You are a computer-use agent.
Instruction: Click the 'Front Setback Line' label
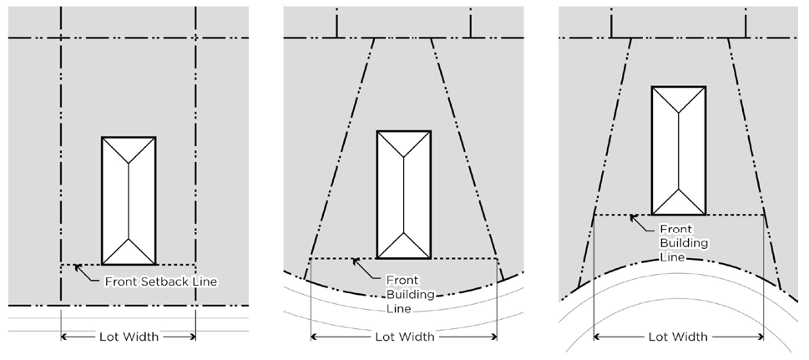click(160, 281)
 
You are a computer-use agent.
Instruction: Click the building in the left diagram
click(129, 200)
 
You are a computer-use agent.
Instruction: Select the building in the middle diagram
click(404, 194)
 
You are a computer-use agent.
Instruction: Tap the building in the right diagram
click(678, 150)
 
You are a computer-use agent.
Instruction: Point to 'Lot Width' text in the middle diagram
click(404, 337)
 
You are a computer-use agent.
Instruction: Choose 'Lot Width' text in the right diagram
click(678, 337)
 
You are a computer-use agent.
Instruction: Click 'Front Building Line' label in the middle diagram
click(399, 293)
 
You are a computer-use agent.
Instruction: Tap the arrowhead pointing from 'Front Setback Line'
click(78, 267)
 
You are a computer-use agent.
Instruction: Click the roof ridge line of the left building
click(129, 200)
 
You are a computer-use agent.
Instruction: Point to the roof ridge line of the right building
click(678, 150)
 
